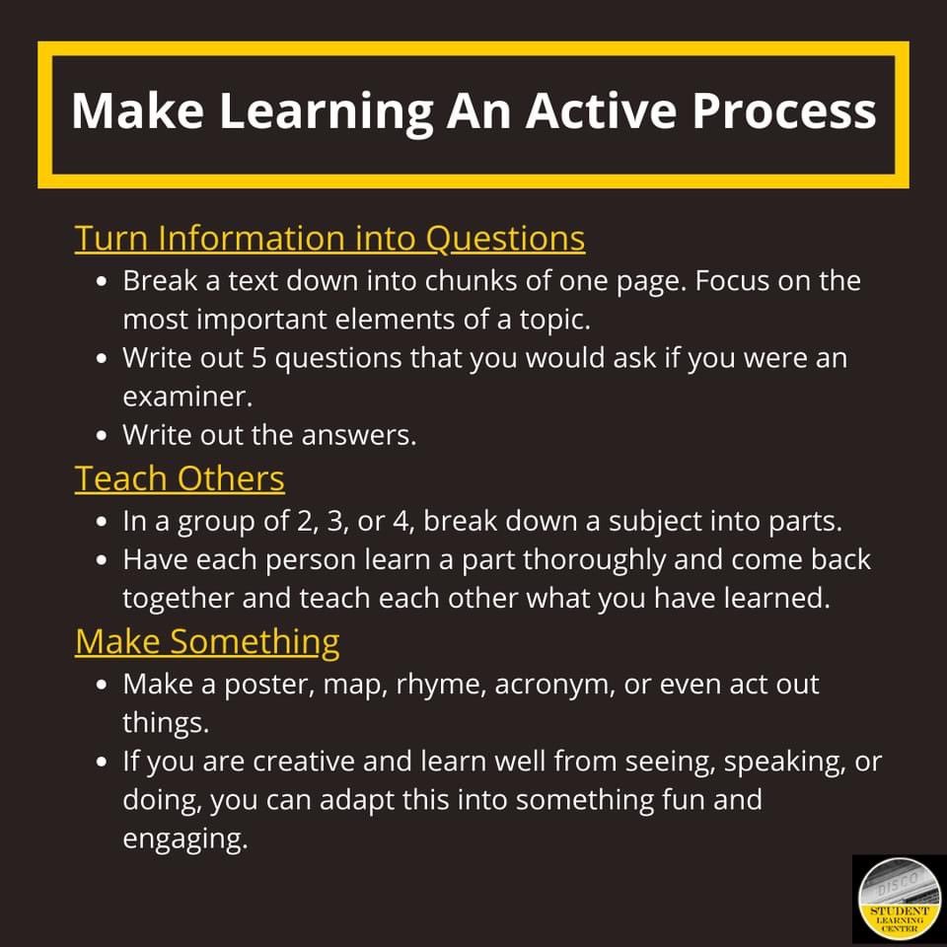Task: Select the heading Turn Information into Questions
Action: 329,238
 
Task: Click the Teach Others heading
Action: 180,478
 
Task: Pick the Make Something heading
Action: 207,641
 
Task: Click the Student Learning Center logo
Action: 898,899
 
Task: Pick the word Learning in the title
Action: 326,110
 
